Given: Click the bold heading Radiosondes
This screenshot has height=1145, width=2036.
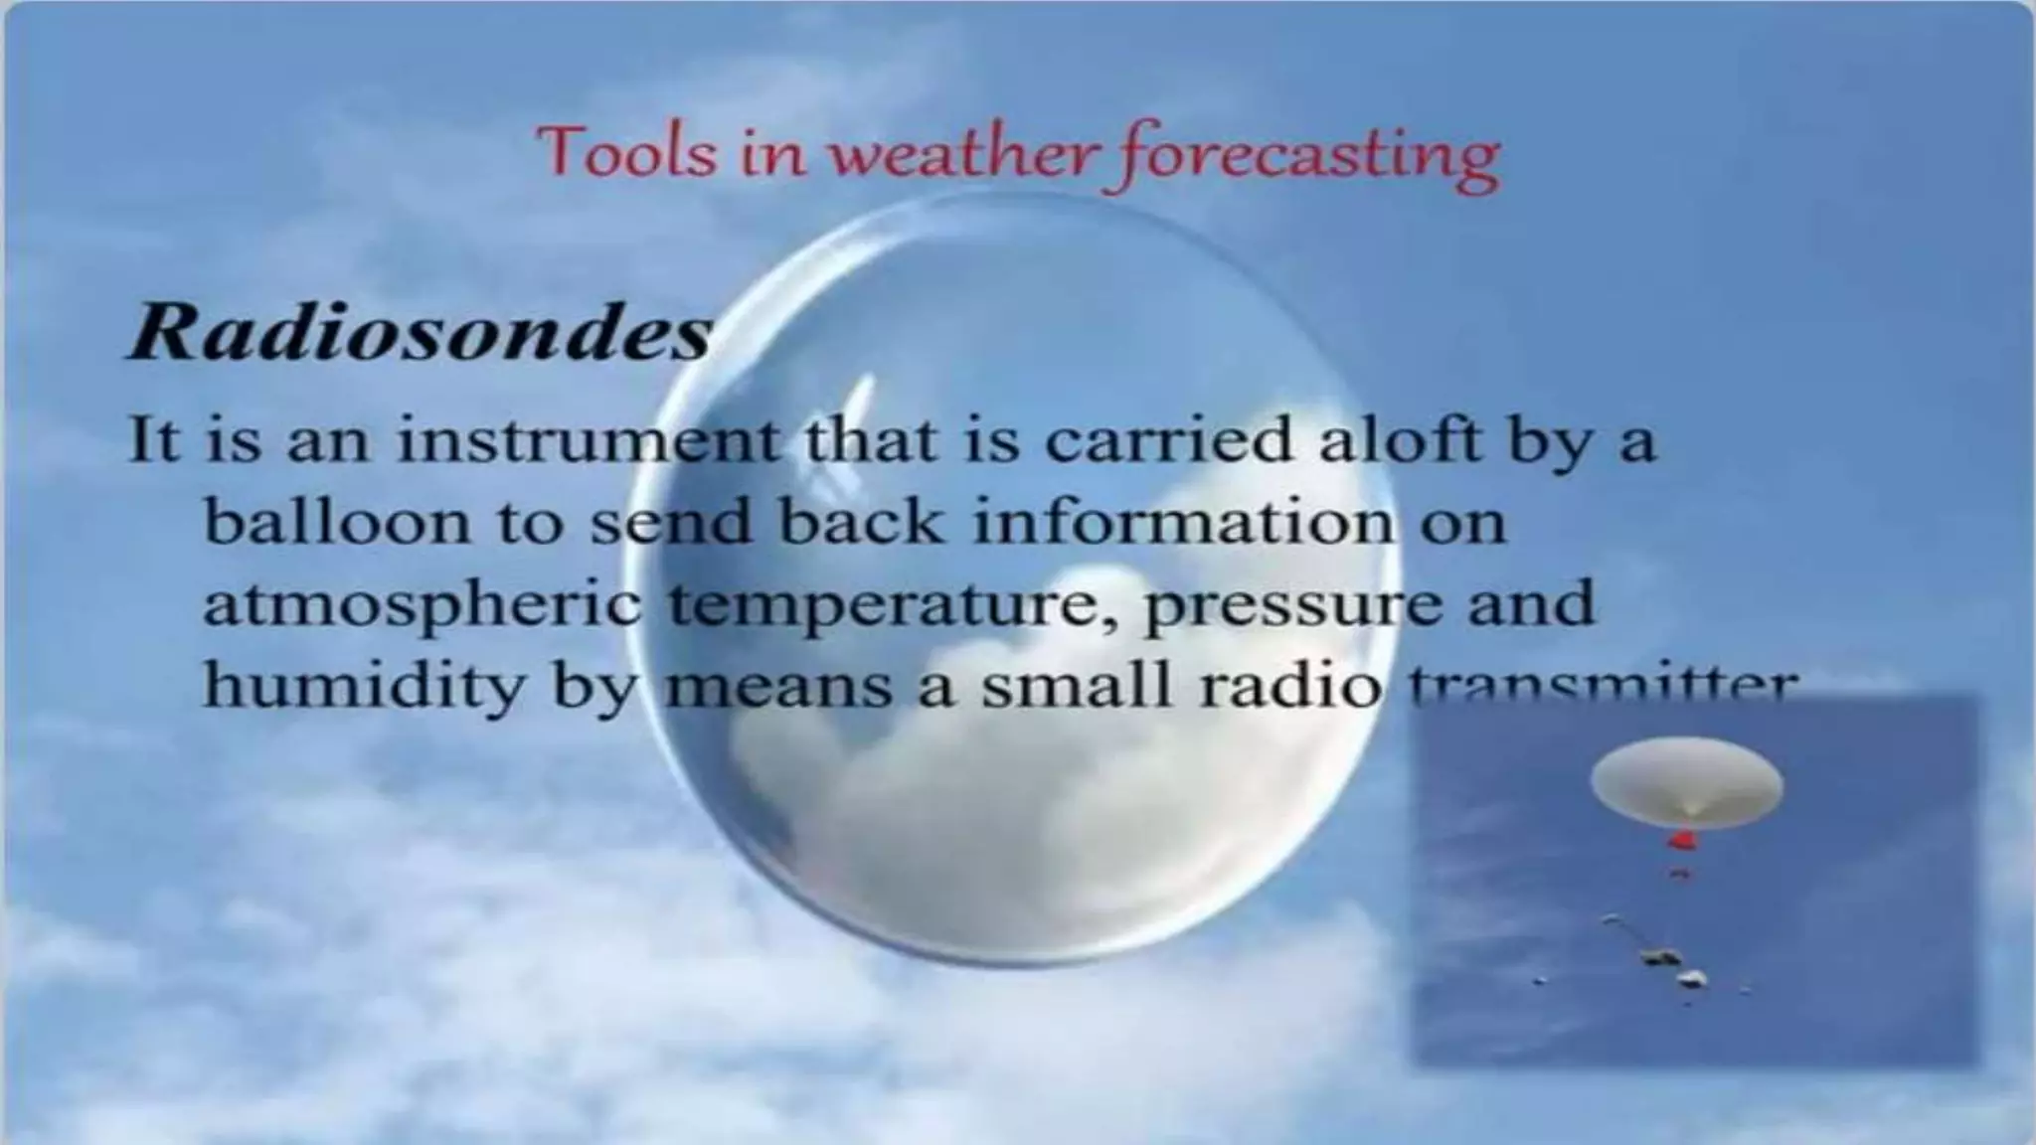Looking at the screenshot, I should (420, 331).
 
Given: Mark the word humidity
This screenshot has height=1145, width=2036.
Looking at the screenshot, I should (362, 686).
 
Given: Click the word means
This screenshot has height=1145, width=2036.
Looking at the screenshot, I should (778, 686).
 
